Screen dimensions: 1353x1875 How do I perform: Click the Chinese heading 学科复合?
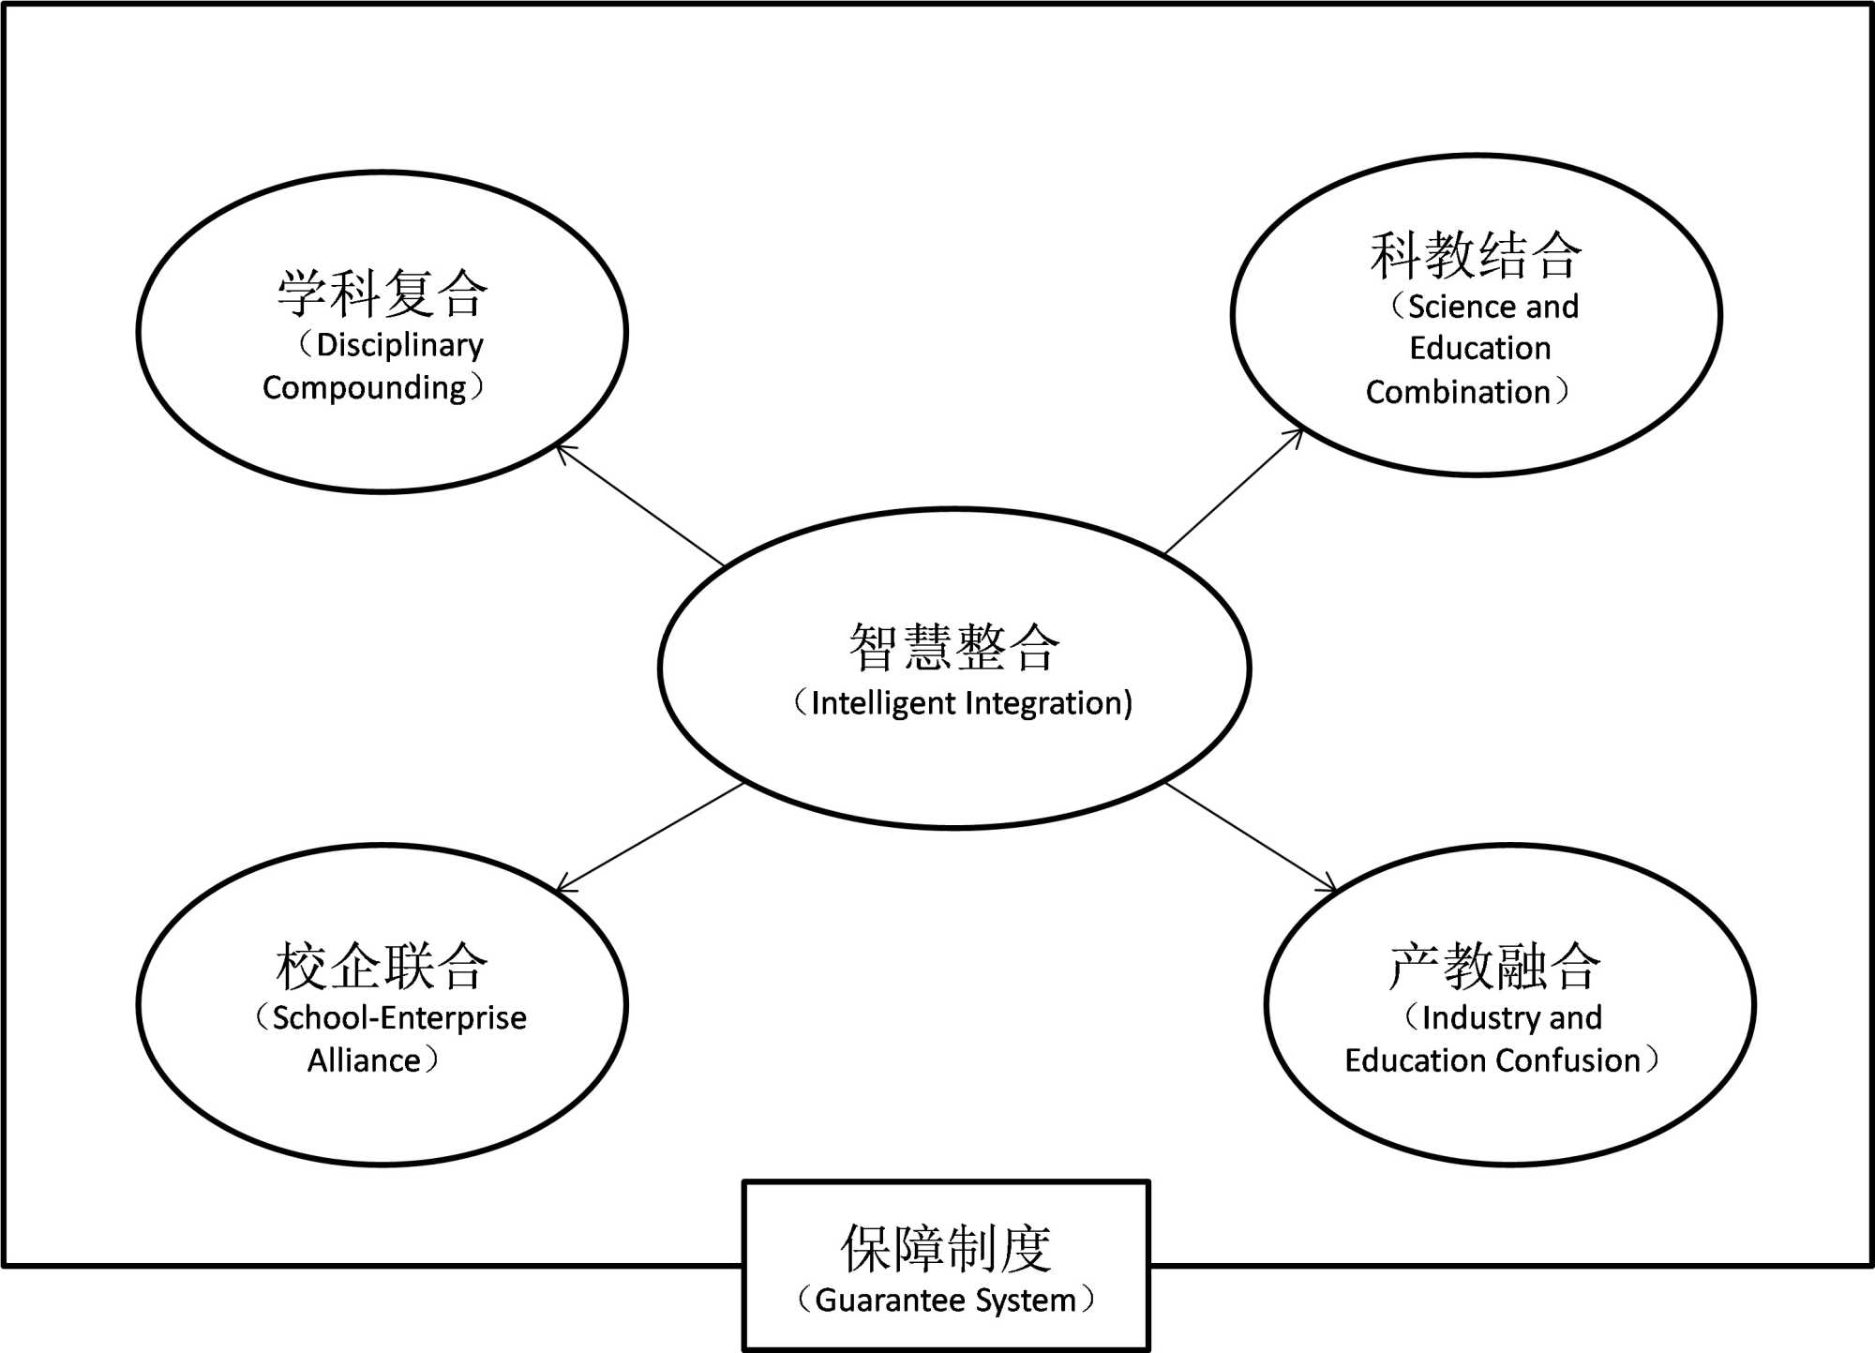tap(382, 293)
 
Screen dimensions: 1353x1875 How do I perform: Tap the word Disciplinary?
tap(400, 345)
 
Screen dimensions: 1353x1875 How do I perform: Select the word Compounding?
tap(365, 387)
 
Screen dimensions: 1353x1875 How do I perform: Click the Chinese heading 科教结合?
tap(1476, 255)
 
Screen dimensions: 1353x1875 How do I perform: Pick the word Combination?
tap(1458, 392)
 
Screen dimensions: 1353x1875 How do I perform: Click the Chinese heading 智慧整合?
tap(954, 647)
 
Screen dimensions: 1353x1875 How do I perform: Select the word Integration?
tap(1048, 703)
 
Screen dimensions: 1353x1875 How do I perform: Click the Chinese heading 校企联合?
tap(382, 966)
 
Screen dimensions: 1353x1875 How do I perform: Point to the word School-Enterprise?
tap(399, 1017)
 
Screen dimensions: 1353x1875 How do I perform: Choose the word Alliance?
tap(365, 1060)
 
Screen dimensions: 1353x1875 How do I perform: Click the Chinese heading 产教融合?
tap(1494, 966)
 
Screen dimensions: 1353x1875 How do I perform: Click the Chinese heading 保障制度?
tap(946, 1249)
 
